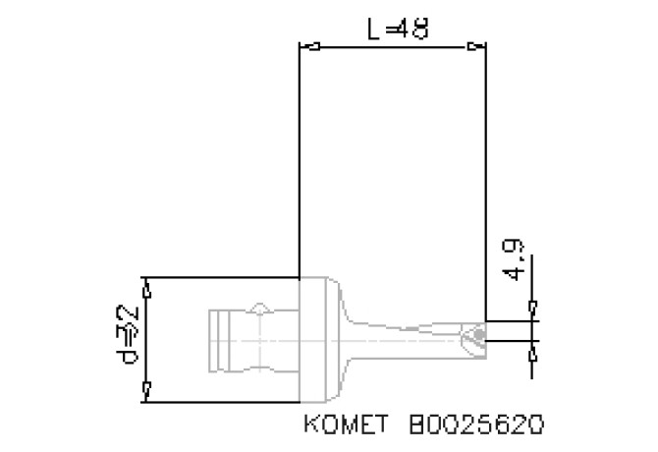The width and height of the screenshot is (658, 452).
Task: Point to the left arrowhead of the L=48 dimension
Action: point(306,46)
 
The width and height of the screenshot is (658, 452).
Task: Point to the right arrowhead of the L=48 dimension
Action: point(478,46)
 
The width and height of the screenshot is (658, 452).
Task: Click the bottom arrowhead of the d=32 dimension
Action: point(147,393)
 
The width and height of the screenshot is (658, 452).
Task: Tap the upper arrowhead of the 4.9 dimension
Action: point(531,311)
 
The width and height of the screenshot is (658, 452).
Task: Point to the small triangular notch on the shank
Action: point(259,310)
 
